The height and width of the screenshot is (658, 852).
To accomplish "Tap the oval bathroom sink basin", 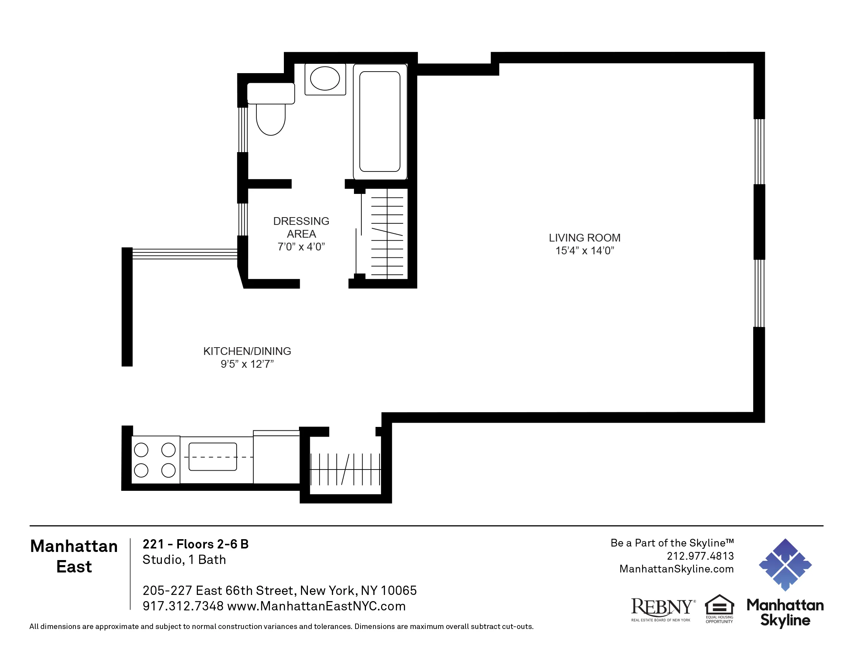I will [325, 78].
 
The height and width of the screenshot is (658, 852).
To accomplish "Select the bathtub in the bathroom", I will [380, 122].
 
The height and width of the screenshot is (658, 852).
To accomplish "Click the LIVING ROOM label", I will [584, 238].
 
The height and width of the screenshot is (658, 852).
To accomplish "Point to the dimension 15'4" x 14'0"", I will [584, 251].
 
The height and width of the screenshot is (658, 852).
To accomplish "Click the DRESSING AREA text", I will [301, 227].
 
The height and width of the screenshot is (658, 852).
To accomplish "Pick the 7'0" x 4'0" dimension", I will [301, 247].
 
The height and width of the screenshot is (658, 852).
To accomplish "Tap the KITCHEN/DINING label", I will [247, 351].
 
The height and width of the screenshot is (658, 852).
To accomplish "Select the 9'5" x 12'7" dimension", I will [247, 364].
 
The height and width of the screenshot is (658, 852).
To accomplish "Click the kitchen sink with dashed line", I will [213, 456].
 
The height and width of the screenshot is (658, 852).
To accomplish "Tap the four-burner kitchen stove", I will [155, 460].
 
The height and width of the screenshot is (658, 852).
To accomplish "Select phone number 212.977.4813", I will [700, 556].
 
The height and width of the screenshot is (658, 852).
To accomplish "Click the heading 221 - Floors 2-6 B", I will [196, 544].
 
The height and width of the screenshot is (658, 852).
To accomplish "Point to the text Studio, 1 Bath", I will [184, 560].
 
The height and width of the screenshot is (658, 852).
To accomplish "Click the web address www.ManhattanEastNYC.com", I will [316, 606].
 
